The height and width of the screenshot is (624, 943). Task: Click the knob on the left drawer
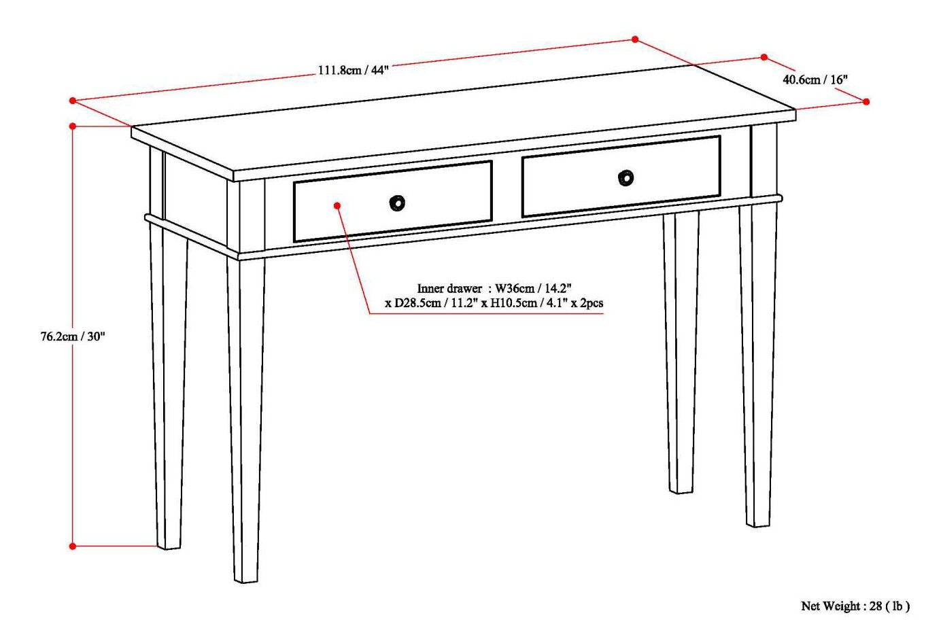[397, 203]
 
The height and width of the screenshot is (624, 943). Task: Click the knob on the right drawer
[625, 178]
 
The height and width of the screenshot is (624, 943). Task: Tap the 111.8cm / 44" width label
[353, 70]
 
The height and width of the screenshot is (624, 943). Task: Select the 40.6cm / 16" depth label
[815, 80]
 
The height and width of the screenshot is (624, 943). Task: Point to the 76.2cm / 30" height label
[73, 336]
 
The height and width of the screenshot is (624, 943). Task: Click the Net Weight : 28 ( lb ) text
[855, 606]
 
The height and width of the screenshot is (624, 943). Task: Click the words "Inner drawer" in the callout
[449, 289]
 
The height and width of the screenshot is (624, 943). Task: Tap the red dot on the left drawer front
[337, 205]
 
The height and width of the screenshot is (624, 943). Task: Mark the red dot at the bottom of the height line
[73, 546]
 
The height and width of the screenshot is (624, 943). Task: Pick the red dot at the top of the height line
[73, 126]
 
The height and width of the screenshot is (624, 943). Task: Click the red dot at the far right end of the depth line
[866, 101]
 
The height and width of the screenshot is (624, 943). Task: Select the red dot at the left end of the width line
[73, 101]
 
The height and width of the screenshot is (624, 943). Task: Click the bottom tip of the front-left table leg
[246, 580]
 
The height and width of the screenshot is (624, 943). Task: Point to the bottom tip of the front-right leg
[758, 523]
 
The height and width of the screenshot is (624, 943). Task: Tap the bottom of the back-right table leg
[681, 490]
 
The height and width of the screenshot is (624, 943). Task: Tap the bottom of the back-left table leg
[169, 546]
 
